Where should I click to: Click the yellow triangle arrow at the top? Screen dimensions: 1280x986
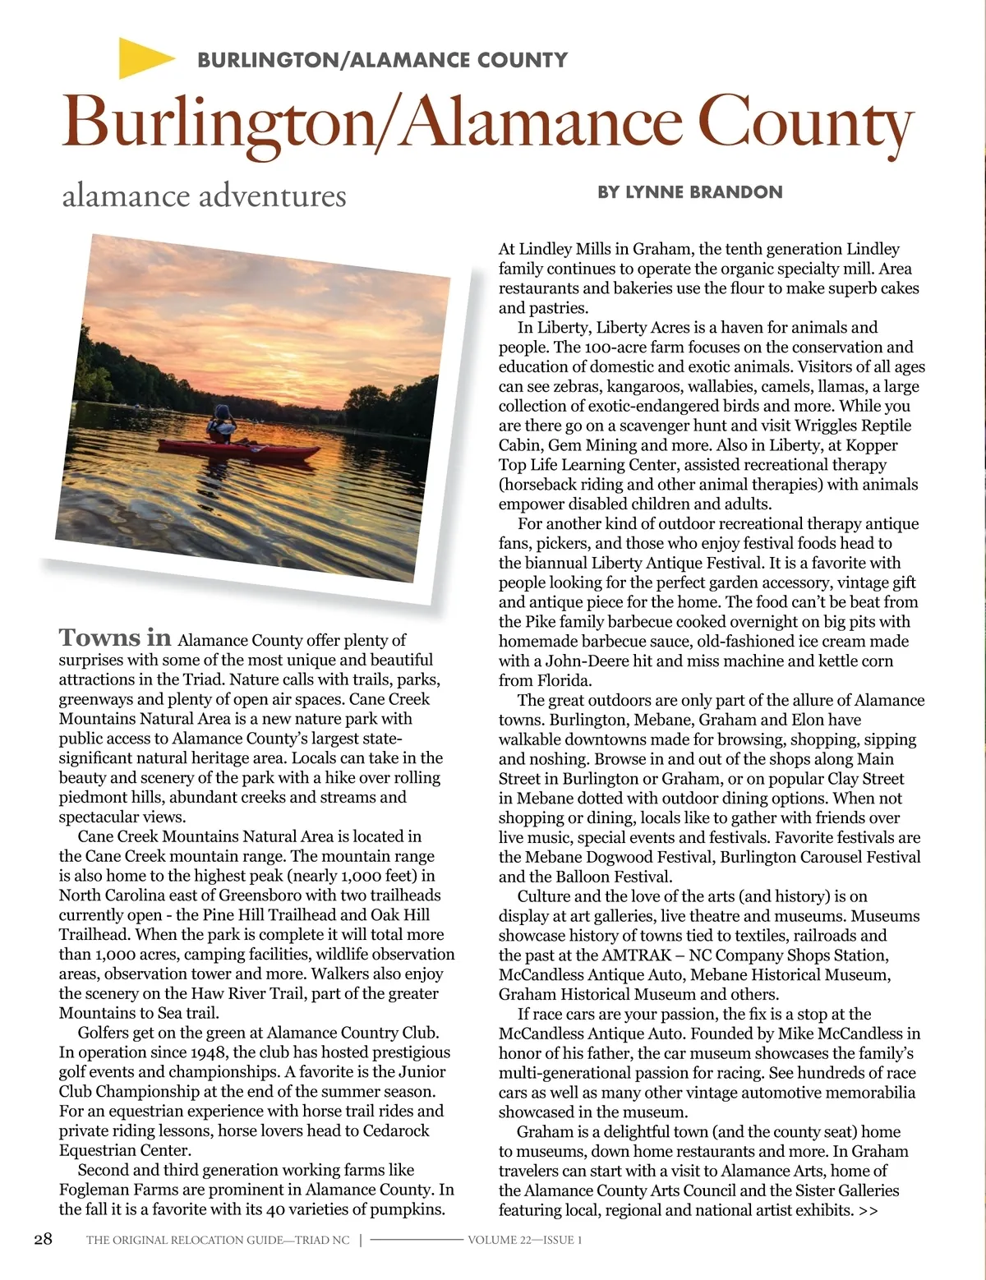click(144, 58)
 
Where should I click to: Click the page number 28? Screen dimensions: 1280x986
click(43, 1239)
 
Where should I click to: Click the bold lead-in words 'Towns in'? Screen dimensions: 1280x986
click(115, 638)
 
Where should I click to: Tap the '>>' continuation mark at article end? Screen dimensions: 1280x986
click(868, 1210)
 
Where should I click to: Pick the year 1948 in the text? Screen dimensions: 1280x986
click(209, 1052)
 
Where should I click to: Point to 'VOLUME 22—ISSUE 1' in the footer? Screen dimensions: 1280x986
click(524, 1240)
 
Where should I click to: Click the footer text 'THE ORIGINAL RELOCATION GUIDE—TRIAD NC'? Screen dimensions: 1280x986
click(218, 1240)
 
